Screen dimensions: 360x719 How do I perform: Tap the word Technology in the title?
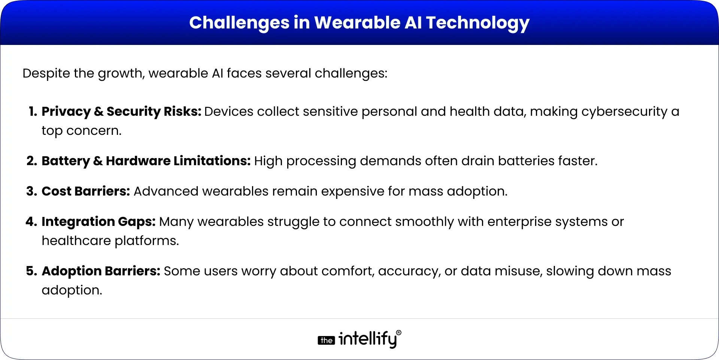(x=477, y=23)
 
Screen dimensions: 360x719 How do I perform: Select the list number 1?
(x=33, y=111)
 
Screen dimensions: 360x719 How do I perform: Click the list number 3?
(x=32, y=191)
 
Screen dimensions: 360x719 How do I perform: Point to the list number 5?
(x=32, y=271)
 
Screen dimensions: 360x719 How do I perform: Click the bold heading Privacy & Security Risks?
(x=121, y=111)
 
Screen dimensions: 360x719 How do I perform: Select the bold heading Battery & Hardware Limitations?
(x=146, y=161)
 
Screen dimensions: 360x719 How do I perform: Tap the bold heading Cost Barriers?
(x=86, y=191)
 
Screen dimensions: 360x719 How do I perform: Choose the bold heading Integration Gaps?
(x=98, y=221)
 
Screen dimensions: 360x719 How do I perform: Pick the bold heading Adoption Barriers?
(x=101, y=271)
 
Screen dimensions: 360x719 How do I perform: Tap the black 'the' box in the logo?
(x=326, y=341)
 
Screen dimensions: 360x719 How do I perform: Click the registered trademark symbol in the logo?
(x=398, y=333)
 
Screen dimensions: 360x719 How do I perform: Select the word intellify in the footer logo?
(x=367, y=339)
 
